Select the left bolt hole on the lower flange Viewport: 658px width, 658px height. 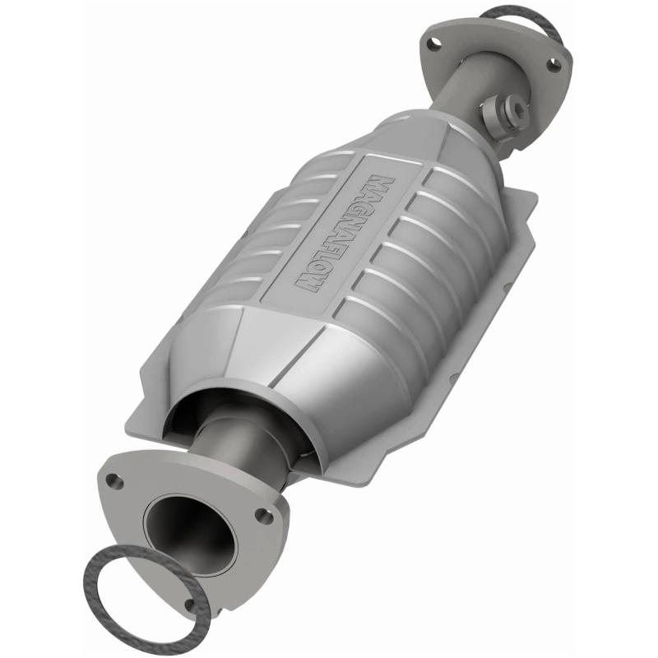[x=117, y=482]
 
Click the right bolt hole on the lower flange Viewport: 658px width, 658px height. [x=264, y=516]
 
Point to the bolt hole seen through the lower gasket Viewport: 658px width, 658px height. [x=191, y=606]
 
